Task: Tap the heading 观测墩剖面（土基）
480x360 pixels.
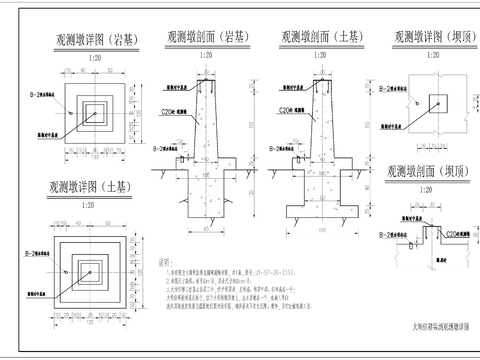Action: [x=322, y=33]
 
